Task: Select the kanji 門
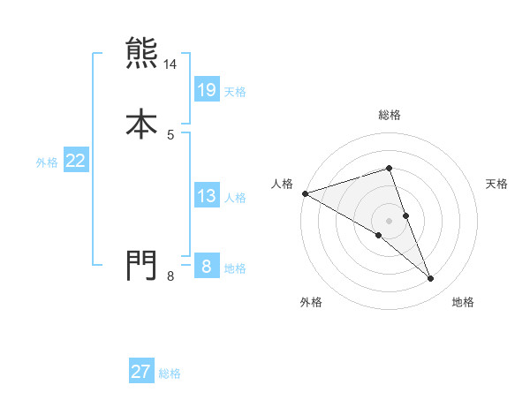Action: pos(141,264)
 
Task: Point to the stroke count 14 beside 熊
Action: pos(170,65)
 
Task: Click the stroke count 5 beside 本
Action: pos(170,135)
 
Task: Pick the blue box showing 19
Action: pos(206,89)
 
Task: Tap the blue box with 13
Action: pos(206,196)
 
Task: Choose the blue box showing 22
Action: pos(76,161)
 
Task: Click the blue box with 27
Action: pos(141,372)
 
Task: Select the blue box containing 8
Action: pos(206,266)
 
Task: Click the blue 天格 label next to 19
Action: pos(235,92)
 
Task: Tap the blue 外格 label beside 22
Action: pos(47,162)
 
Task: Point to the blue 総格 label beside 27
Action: pos(170,373)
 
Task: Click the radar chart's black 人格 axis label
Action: pos(283,184)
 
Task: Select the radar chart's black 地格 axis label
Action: pos(463,302)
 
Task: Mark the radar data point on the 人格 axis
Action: pos(305,193)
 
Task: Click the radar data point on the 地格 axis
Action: pos(431,279)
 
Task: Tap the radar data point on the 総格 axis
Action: pos(389,168)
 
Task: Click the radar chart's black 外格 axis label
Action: pos(311,302)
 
